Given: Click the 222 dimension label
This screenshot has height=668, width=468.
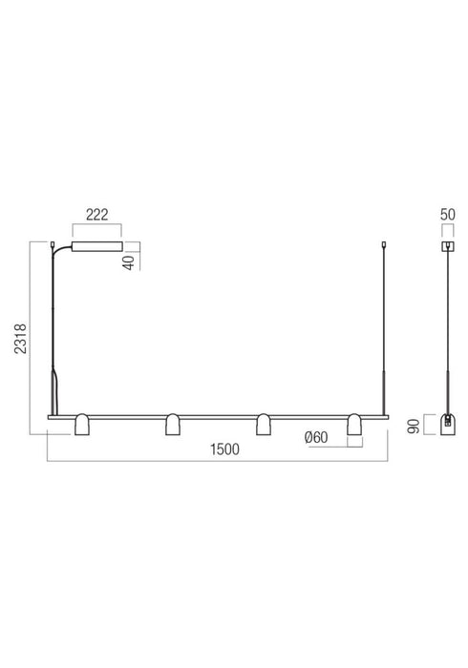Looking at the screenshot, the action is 97,215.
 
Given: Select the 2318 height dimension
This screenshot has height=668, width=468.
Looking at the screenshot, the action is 21,339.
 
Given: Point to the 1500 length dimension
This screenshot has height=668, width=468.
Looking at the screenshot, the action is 224,449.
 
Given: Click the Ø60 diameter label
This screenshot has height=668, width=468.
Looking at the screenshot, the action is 316,437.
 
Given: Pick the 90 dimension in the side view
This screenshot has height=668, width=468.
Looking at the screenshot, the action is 414,426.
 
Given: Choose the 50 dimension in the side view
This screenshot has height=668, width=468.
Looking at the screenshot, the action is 448,215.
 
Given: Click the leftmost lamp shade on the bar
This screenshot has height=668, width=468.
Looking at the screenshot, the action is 82,425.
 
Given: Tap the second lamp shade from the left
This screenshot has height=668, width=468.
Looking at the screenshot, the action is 173,425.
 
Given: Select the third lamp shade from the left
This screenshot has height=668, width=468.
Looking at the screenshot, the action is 263,425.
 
